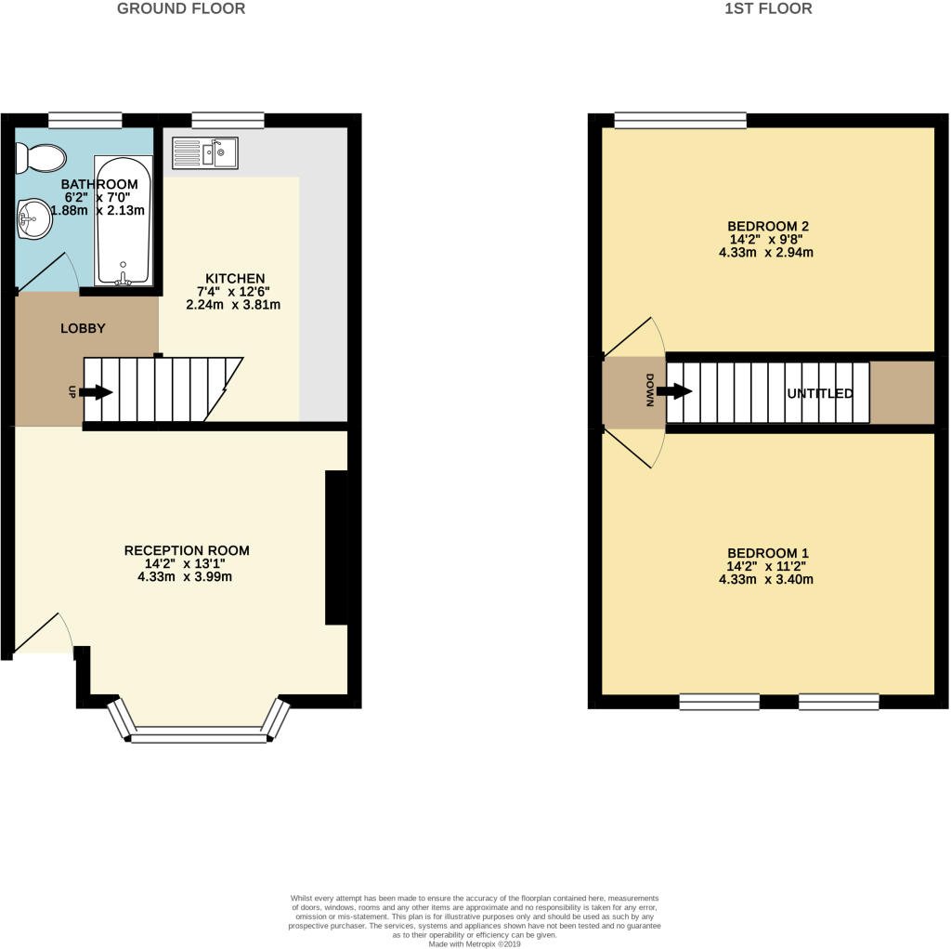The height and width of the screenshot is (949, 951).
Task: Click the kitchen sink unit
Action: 205,152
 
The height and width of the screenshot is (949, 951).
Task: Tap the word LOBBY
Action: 83,328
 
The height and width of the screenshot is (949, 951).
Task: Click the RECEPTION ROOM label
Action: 187,550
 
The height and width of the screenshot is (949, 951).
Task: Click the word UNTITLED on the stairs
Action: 820,394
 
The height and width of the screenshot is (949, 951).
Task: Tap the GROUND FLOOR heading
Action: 181,9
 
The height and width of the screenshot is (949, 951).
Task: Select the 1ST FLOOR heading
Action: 767,9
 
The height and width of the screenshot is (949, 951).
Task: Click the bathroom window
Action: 85,119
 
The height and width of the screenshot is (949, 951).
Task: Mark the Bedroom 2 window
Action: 681,119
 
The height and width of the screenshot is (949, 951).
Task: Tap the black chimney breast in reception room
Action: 336,547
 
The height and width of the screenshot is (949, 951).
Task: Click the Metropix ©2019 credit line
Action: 475,943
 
